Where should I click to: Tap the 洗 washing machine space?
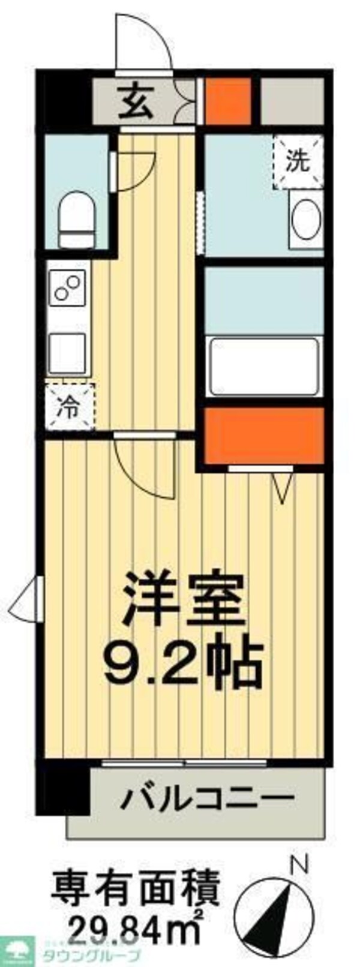[298, 161]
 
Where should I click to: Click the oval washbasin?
[306, 219]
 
